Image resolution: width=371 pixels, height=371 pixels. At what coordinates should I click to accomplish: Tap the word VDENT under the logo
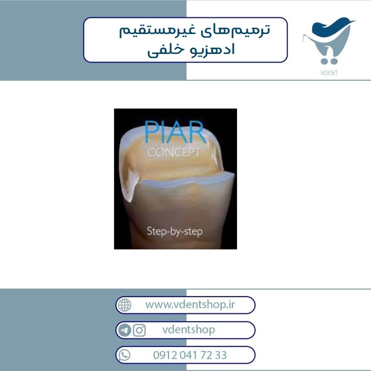click(x=329, y=73)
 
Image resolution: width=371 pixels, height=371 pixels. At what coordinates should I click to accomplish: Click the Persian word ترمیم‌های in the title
click(x=235, y=31)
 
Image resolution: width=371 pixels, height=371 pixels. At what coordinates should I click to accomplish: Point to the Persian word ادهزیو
click(x=213, y=50)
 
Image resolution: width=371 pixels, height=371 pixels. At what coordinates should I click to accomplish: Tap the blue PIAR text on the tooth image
click(x=175, y=132)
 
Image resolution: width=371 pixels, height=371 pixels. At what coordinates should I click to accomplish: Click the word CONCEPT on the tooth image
click(x=174, y=152)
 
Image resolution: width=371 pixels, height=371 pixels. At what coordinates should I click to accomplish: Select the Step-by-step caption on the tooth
click(x=175, y=231)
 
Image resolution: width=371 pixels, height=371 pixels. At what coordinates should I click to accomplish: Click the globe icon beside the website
click(x=125, y=305)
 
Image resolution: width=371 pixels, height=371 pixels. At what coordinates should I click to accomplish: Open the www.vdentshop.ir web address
click(x=190, y=304)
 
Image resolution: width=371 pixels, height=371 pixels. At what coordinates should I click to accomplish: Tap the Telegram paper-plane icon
click(x=125, y=330)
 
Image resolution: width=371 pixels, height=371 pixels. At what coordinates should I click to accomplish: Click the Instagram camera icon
click(x=139, y=330)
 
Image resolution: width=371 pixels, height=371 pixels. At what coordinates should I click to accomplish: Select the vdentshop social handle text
click(x=188, y=330)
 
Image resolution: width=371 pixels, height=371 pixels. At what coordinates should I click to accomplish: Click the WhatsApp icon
click(x=124, y=355)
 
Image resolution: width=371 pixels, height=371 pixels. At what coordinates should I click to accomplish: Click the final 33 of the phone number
click(x=221, y=355)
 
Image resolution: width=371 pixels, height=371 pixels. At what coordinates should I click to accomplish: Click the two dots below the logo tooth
click(x=329, y=61)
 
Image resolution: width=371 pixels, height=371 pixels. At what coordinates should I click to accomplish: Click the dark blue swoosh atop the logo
click(x=331, y=26)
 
